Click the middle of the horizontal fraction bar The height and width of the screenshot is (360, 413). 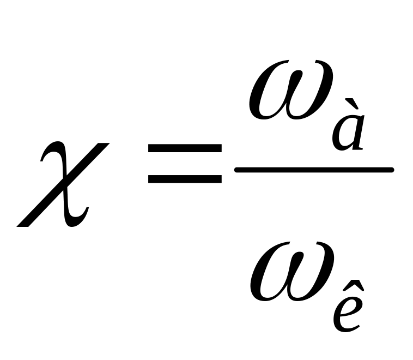314,170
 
